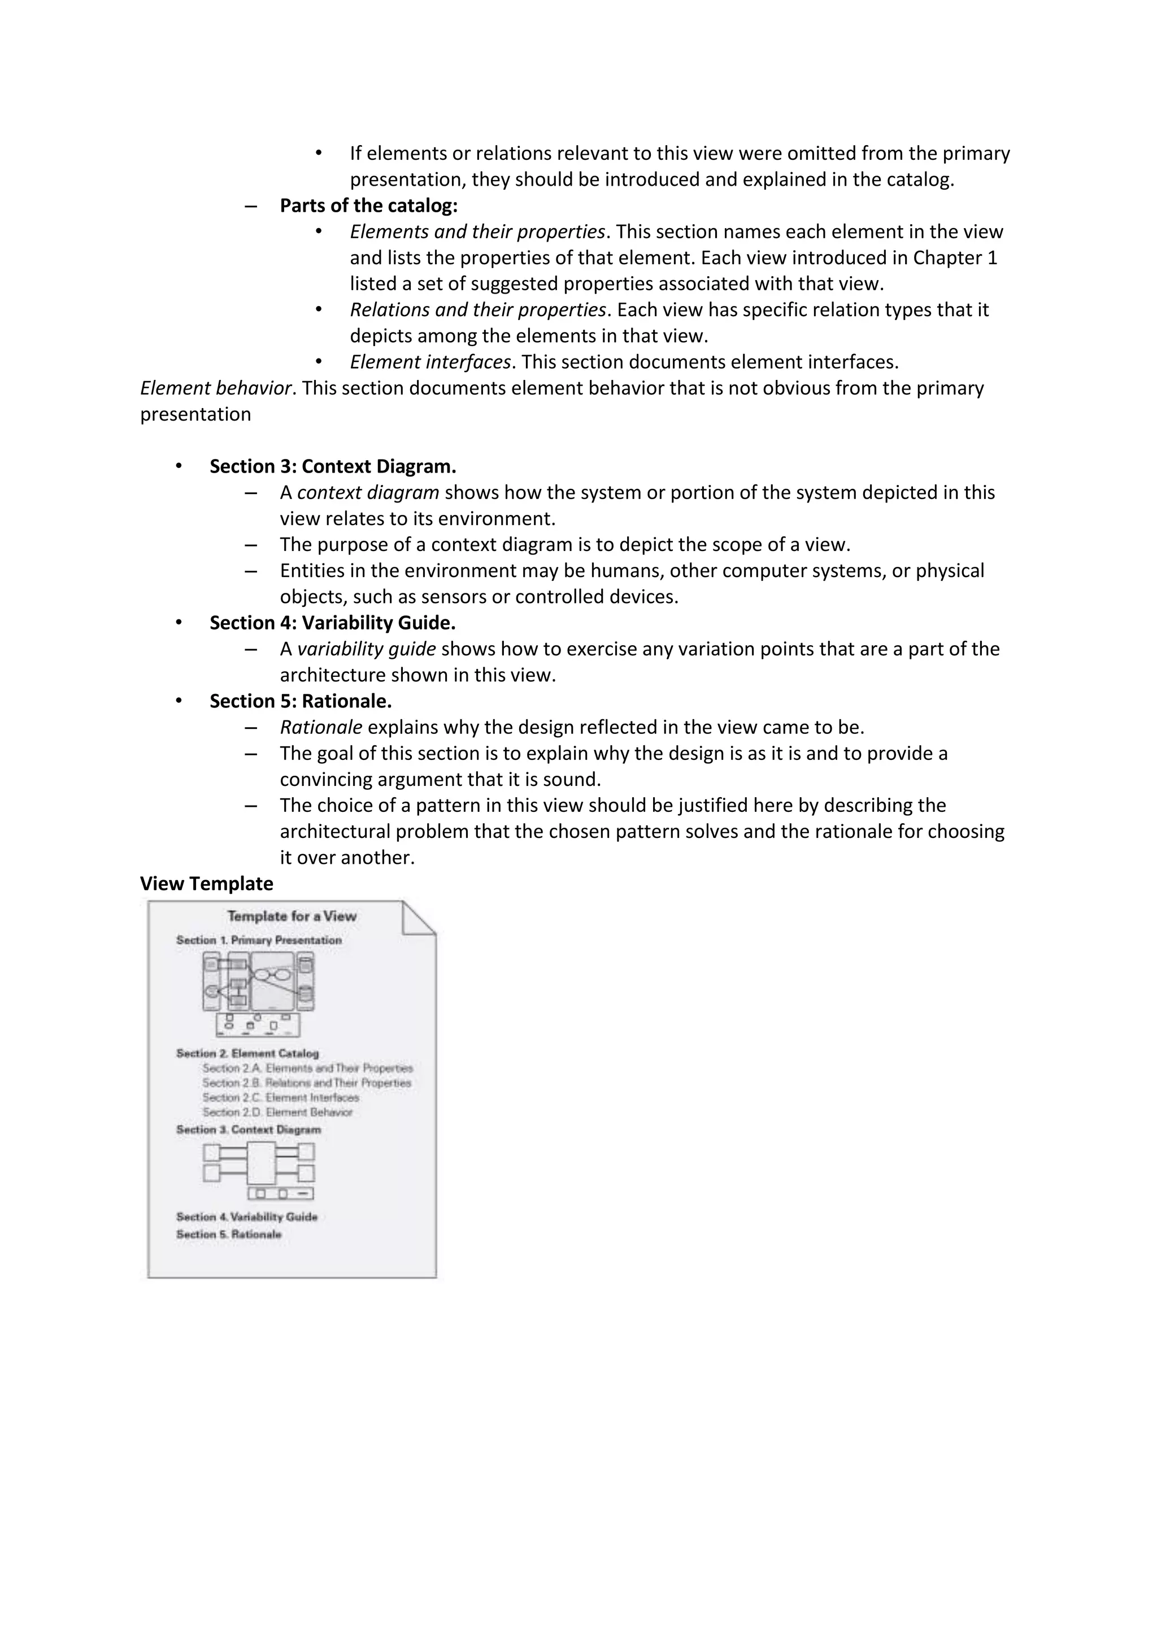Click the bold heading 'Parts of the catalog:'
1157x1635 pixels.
coord(368,206)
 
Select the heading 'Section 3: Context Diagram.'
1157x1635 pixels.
coord(332,466)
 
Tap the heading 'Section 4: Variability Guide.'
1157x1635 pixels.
coord(332,623)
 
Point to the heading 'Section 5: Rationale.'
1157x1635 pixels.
coord(300,701)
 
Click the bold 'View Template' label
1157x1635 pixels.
coord(207,884)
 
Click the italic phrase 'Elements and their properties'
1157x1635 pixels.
coord(477,232)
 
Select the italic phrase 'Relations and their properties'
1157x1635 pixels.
coord(477,310)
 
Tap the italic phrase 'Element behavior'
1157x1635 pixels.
coord(215,388)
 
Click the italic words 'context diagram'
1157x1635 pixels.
coord(368,493)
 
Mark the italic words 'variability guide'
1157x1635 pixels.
coord(366,649)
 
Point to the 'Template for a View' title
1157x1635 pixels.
coord(292,916)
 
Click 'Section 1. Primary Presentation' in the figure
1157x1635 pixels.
coord(259,940)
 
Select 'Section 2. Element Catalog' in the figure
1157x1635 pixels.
coord(247,1053)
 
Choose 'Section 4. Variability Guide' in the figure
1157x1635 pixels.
coord(246,1217)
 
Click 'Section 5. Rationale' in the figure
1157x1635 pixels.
coord(229,1234)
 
